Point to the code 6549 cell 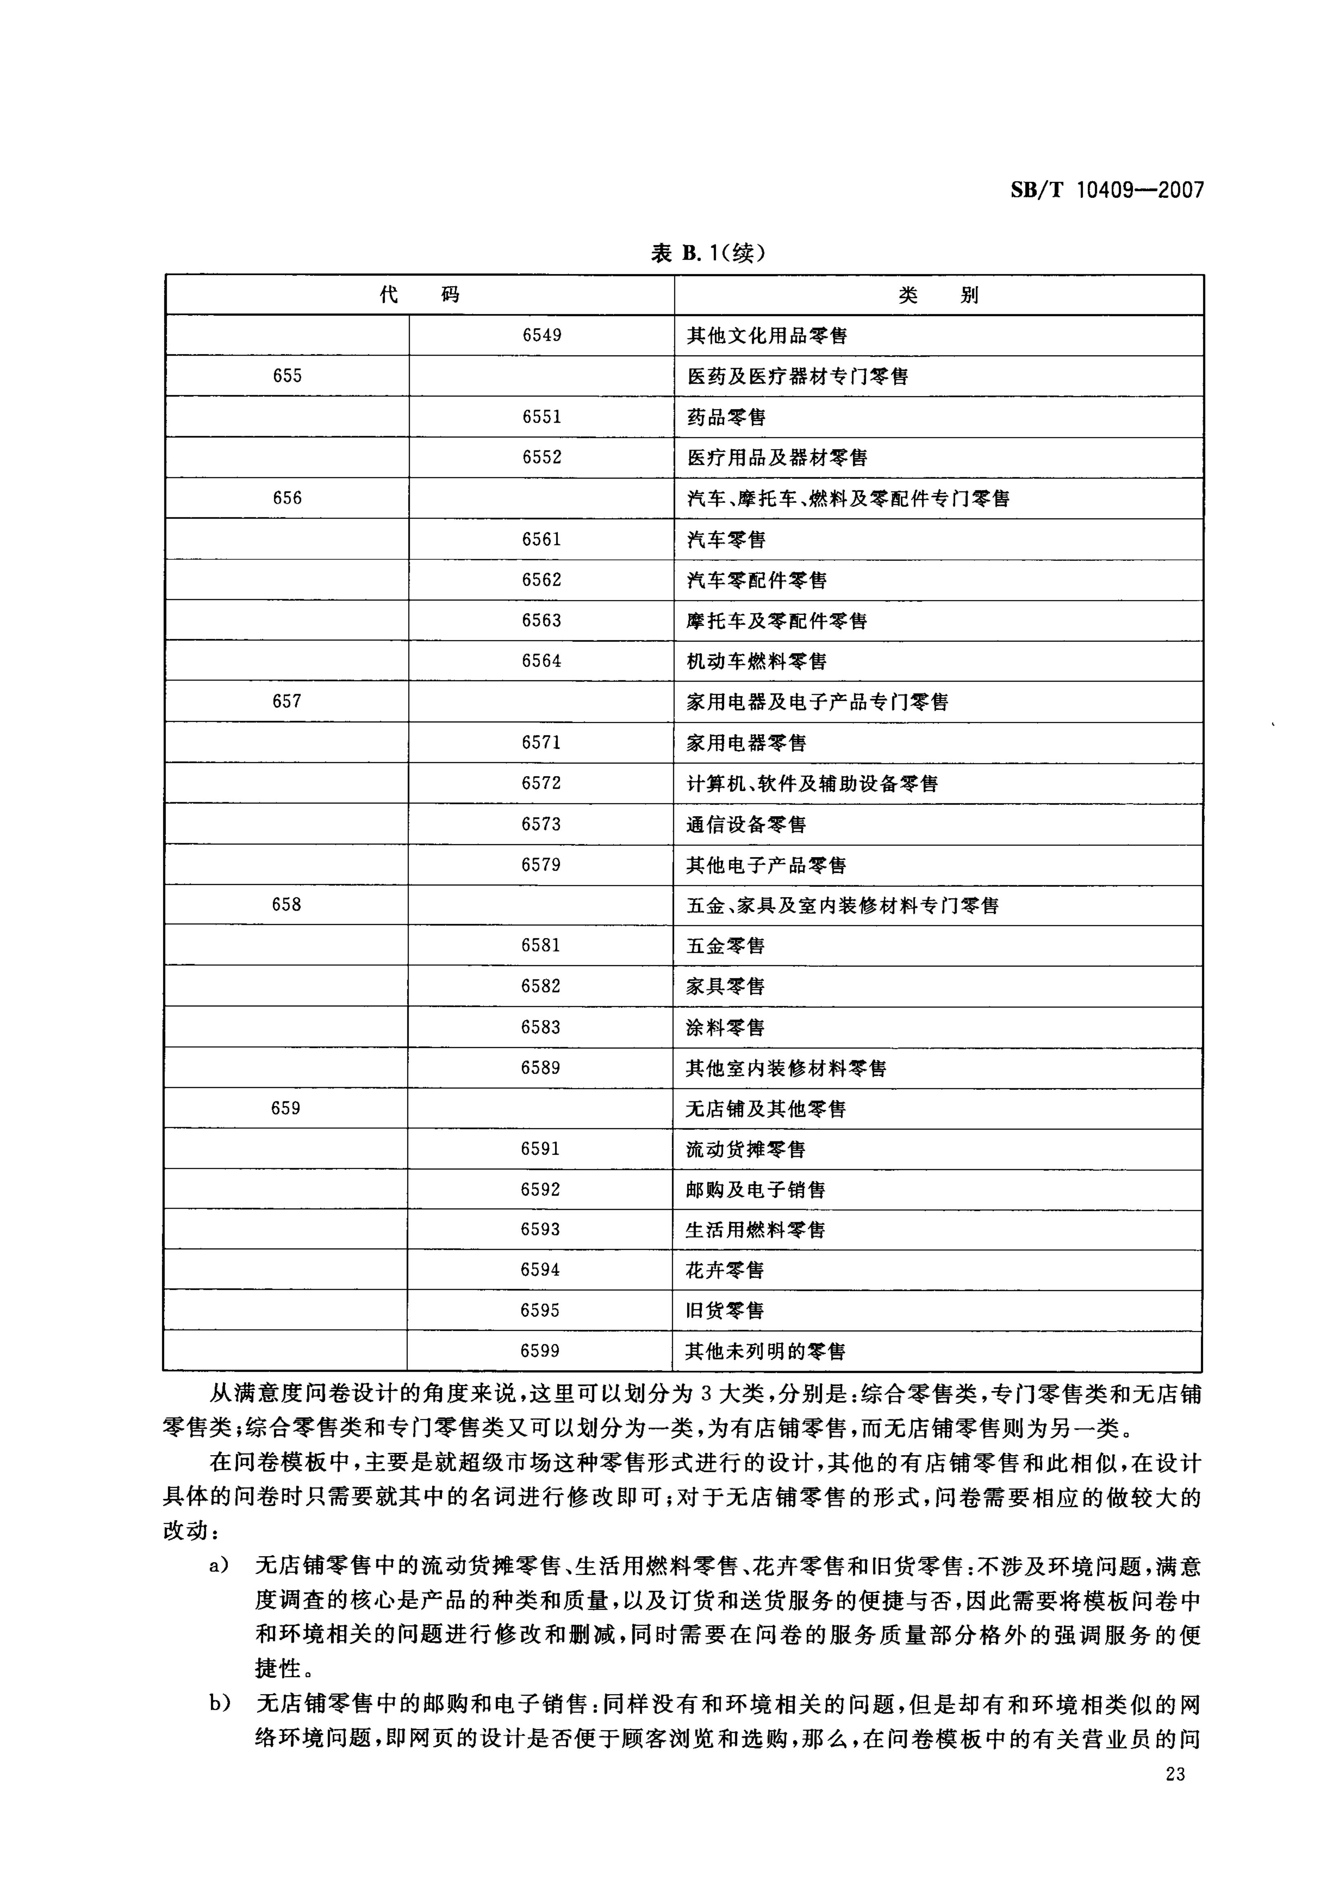coord(542,335)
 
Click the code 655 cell coord(287,376)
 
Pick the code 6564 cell coord(541,661)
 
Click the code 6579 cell coord(541,865)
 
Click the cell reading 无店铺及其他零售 coord(766,1109)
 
